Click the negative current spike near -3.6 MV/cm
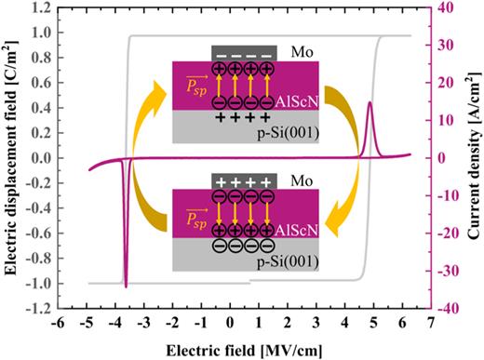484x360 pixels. click(126, 285)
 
